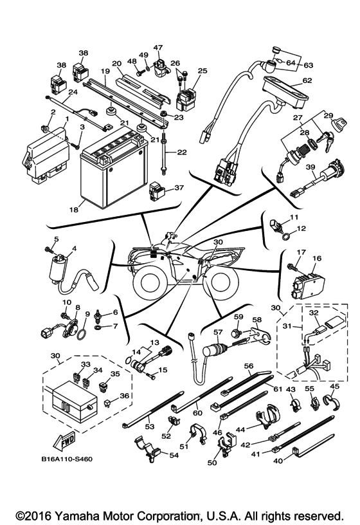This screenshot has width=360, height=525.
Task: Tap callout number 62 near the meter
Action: [307, 80]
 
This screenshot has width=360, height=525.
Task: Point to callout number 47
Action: [158, 47]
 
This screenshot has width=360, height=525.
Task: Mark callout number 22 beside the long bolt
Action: [181, 152]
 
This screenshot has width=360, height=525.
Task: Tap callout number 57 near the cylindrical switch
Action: [217, 333]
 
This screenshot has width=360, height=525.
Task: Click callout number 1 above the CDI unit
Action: [66, 119]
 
